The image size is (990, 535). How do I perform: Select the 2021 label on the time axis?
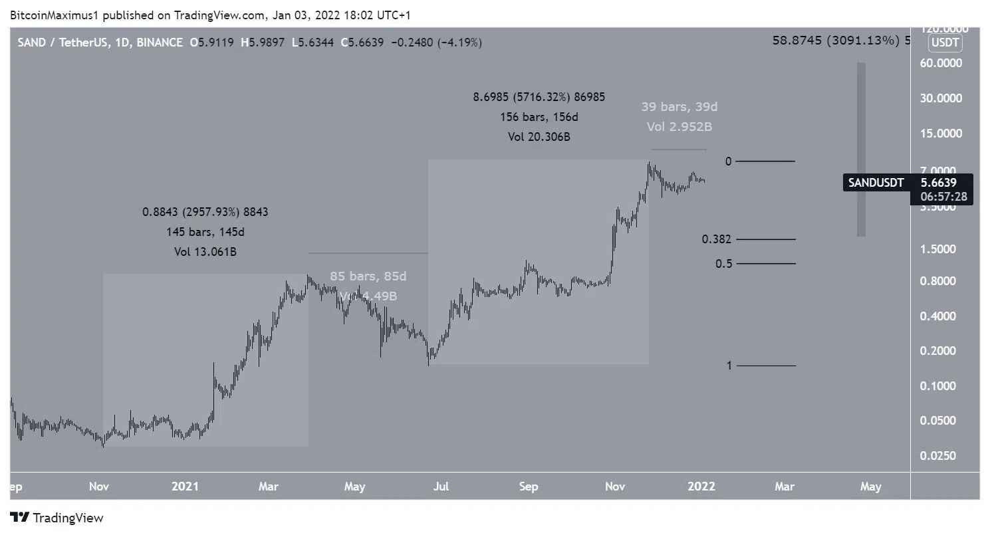[185, 486]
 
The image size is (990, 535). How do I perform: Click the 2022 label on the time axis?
[701, 486]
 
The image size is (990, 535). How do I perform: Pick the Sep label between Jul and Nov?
[529, 486]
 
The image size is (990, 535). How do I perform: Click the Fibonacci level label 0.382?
[716, 239]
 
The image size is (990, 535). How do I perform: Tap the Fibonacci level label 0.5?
[724, 264]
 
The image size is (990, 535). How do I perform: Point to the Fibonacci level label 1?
[729, 366]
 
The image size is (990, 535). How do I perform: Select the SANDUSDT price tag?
[876, 182]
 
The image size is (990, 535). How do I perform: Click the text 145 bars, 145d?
[205, 232]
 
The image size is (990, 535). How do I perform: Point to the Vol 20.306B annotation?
[539, 137]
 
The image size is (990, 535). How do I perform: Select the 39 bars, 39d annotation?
[679, 107]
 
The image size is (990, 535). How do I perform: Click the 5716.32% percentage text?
[539, 97]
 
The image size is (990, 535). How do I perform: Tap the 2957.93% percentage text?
[207, 212]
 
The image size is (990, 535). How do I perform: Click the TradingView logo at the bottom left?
[57, 518]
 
